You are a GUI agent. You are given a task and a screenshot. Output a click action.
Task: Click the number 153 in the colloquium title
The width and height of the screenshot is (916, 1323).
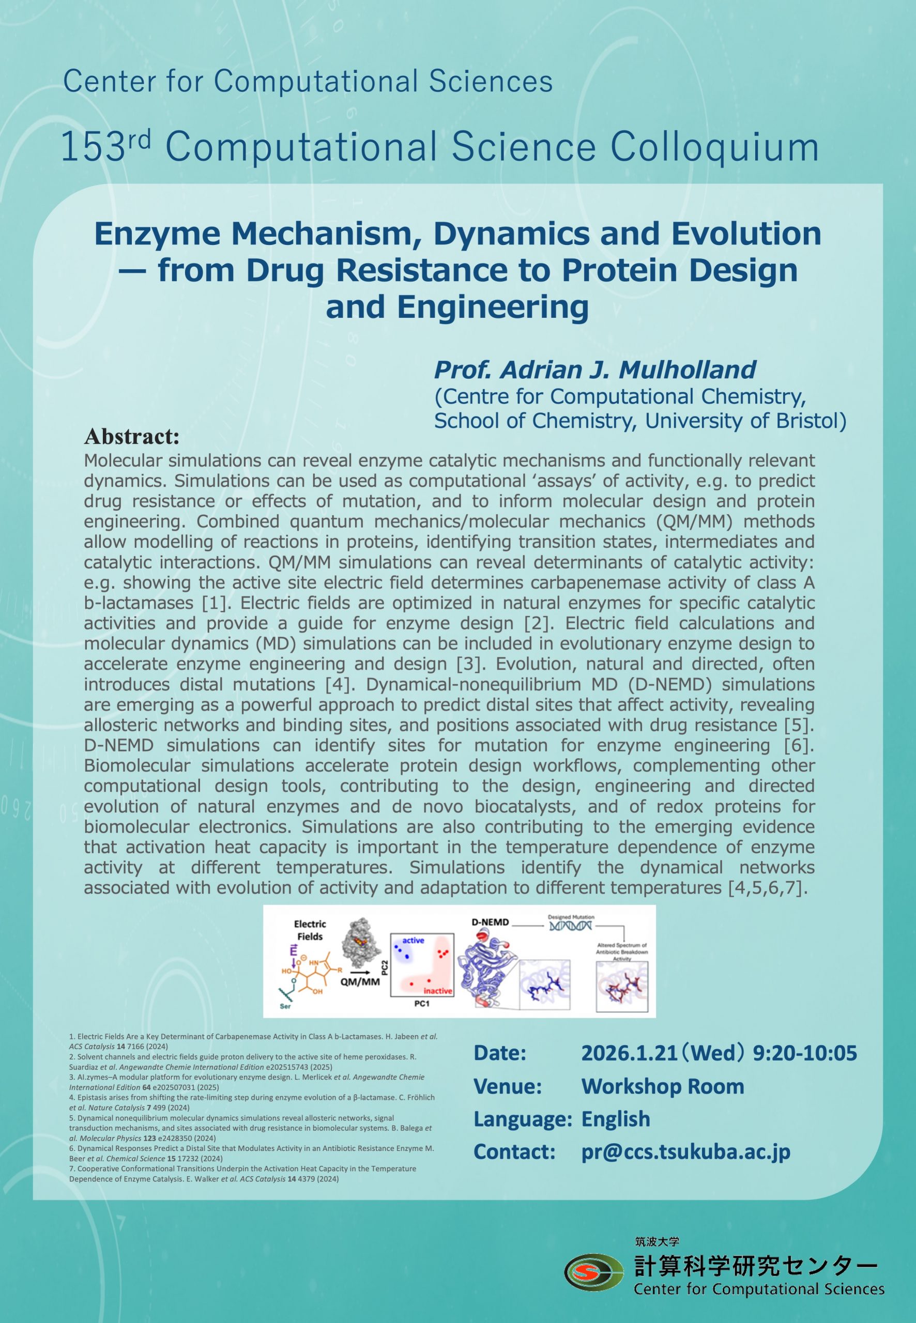pyautogui.click(x=93, y=147)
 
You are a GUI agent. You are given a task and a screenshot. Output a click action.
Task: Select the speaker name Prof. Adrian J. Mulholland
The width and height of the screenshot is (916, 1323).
pyautogui.click(x=594, y=370)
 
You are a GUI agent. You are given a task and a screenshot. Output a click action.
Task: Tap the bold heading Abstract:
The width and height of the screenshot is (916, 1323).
pyautogui.click(x=131, y=437)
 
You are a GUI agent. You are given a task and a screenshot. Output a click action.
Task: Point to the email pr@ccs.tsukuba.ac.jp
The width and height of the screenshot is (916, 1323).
pyautogui.click(x=685, y=1151)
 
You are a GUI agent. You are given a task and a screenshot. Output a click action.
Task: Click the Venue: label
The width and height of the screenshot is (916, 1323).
pyautogui.click(x=507, y=1086)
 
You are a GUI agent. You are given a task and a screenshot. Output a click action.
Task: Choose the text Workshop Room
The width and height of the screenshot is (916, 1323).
pyautogui.click(x=662, y=1086)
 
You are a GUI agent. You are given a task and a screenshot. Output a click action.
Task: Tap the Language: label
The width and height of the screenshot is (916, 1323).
pyautogui.click(x=522, y=1119)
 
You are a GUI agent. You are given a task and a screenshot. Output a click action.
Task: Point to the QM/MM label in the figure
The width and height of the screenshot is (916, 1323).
pyautogui.click(x=360, y=981)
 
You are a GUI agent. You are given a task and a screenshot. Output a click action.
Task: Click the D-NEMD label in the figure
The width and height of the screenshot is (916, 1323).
pyautogui.click(x=490, y=922)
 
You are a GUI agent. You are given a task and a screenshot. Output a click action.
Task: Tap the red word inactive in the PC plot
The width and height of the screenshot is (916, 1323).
pyautogui.click(x=437, y=991)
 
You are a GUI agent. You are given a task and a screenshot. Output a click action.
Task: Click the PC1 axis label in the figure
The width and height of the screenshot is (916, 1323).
pyautogui.click(x=422, y=1004)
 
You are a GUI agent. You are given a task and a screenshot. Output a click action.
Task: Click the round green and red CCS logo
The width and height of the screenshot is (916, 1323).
pyautogui.click(x=593, y=1272)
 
